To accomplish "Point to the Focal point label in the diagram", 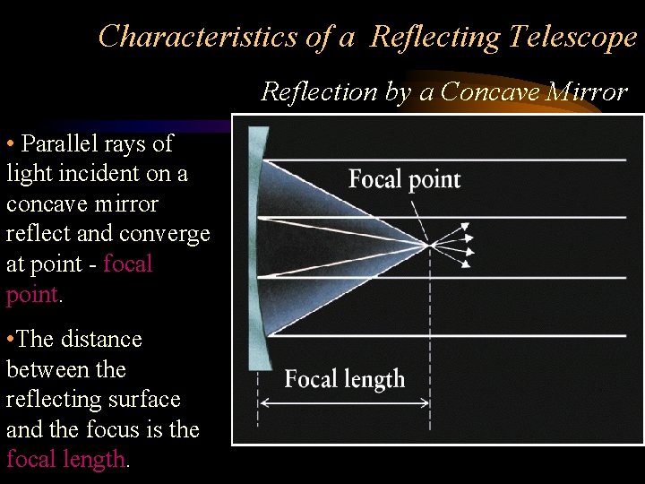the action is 404,179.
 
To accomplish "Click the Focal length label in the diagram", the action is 344,379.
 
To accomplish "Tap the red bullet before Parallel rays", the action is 10,144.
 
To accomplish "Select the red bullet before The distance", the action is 10,340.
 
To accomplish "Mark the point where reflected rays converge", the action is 431,245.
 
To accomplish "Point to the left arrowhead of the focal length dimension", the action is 262,403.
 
